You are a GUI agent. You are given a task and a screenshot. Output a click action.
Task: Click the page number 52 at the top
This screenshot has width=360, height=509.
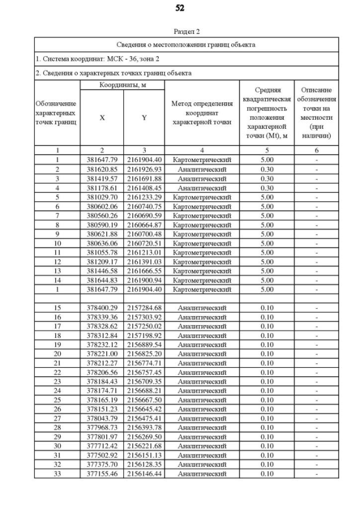coord(179,8)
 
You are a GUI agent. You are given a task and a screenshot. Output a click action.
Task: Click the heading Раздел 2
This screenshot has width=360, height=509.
coord(186,31)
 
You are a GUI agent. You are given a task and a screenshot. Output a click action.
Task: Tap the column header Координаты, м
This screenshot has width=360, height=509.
coord(121,84)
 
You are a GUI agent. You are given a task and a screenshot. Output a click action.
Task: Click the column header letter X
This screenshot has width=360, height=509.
coord(102,118)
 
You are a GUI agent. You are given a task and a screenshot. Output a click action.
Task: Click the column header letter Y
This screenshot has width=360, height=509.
coord(144,118)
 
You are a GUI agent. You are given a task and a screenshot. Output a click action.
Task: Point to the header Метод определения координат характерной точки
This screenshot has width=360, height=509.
coord(202,113)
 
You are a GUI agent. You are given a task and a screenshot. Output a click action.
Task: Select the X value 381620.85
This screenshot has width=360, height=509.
coord(102,169)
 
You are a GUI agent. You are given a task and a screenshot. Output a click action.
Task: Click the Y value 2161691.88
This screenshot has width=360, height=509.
coord(144,178)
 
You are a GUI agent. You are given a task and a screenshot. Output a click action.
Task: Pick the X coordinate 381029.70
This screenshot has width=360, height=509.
coord(102,197)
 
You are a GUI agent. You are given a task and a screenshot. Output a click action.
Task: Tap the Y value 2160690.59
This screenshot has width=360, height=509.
coord(144,215)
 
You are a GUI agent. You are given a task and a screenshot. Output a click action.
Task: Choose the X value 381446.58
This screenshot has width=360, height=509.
coord(102,271)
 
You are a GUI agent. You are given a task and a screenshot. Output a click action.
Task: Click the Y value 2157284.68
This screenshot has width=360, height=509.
coord(144,308)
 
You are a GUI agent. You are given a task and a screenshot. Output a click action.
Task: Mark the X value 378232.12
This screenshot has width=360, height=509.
coord(102,344)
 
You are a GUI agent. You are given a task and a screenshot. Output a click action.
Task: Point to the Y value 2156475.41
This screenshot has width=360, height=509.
coord(144,418)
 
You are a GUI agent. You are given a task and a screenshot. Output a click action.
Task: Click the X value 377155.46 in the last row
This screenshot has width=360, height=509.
coord(102,474)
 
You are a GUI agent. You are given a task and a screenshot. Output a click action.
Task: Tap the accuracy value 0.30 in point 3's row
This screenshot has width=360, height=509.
coord(267,178)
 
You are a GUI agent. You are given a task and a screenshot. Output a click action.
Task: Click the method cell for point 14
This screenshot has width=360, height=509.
coord(202,280)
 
